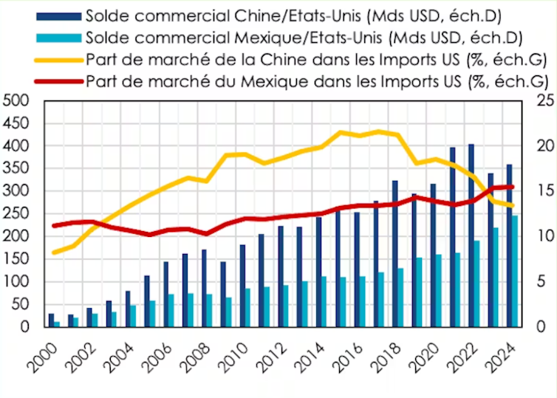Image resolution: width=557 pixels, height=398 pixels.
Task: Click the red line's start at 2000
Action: pyautogui.click(x=53, y=226)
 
